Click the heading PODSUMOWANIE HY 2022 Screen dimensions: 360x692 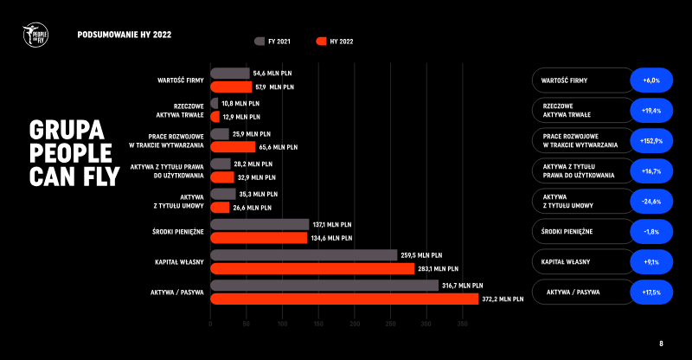click(x=124, y=35)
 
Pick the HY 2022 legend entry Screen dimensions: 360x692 click(x=335, y=41)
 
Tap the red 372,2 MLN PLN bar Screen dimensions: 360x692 click(x=344, y=299)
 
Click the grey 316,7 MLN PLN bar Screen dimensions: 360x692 click(x=324, y=285)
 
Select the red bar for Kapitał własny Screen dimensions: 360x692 click(x=312, y=268)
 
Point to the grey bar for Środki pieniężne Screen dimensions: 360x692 click(x=259, y=224)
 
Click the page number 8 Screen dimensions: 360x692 click(x=662, y=344)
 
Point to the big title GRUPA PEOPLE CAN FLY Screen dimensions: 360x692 click(x=71, y=153)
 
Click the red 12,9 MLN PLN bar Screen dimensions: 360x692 click(x=215, y=116)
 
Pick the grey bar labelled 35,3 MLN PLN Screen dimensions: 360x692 click(x=223, y=194)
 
